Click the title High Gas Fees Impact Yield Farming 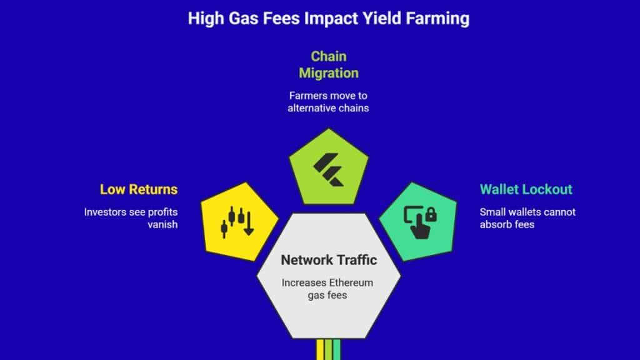point(329,19)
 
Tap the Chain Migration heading point(329,64)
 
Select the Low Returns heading point(139,189)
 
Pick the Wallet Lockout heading point(526,189)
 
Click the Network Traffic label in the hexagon point(329,260)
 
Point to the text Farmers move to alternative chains point(328,102)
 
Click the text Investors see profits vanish point(131,218)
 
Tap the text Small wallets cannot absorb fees point(527,218)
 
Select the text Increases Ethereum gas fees point(327,289)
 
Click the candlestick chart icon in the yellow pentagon point(237,222)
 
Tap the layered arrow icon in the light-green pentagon point(329,169)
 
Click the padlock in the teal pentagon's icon point(431,215)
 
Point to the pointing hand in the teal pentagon point(420,227)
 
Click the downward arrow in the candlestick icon point(249,224)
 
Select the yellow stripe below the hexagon point(320,349)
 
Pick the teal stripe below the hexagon point(336,349)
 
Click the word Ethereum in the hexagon point(351,282)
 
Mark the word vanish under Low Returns point(162,224)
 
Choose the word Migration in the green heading point(329,73)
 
